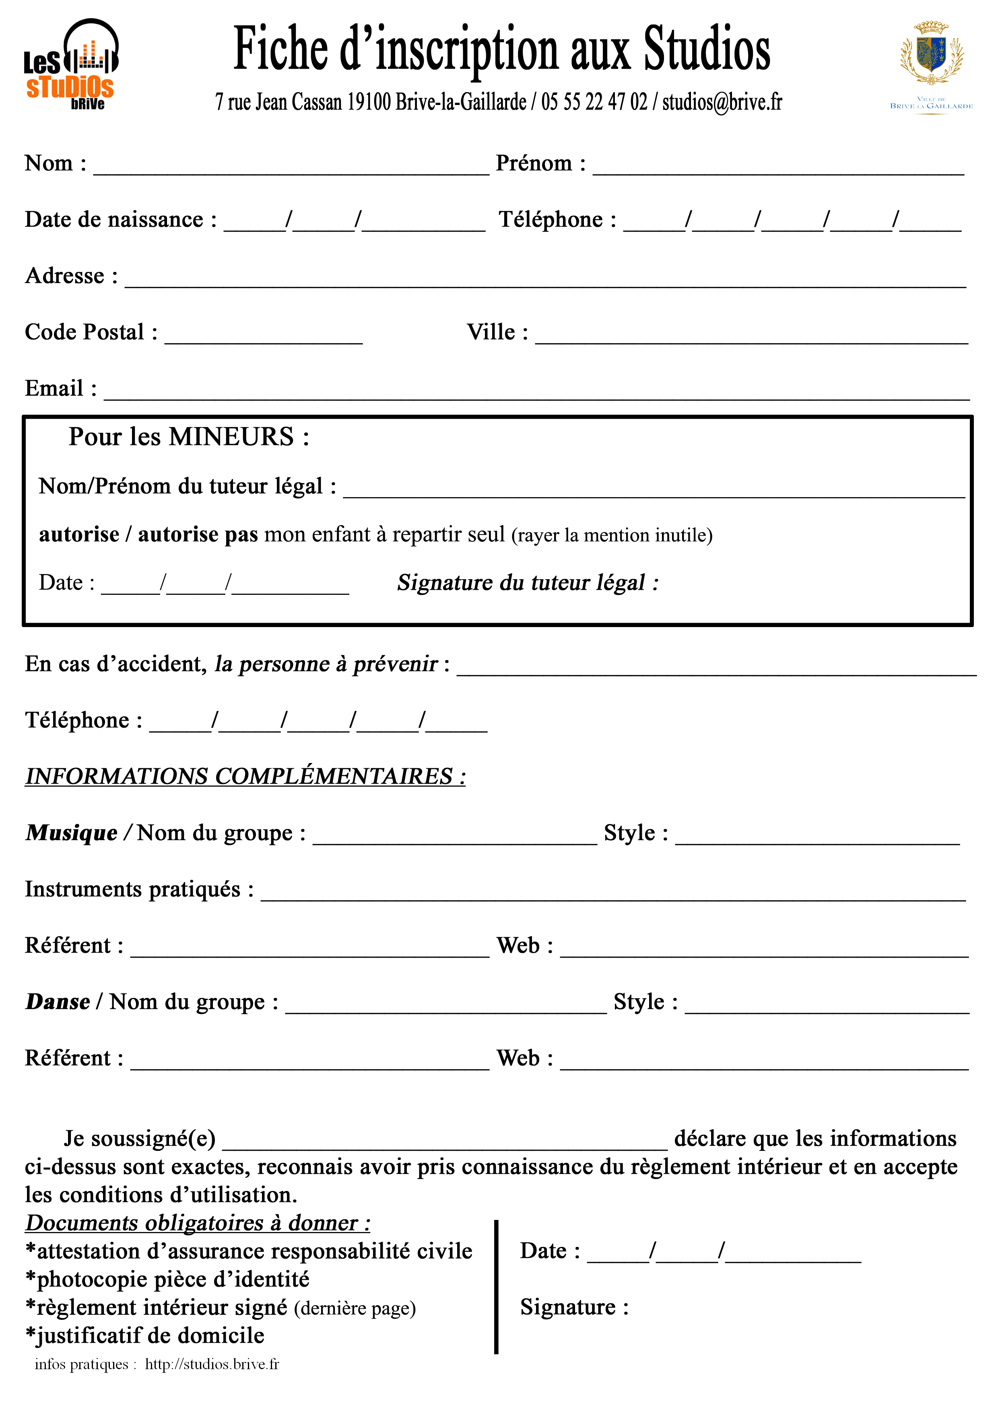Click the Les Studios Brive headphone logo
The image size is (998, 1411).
pos(71,64)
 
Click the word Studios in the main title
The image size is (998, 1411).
pos(707,49)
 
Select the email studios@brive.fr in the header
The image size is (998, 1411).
pos(722,102)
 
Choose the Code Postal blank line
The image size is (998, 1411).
pos(263,340)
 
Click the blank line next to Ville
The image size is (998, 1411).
pos(751,340)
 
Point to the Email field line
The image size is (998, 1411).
pos(536,396)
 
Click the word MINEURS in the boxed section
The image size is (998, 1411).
pos(231,437)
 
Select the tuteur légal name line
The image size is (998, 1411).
pos(654,494)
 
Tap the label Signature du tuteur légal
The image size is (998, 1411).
pos(527,582)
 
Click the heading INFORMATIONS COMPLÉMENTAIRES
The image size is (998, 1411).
pos(245,776)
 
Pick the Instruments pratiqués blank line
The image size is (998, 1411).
pos(613,897)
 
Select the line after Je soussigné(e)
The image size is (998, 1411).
pos(445,1147)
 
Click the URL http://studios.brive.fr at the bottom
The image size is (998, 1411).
pos(212,1364)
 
